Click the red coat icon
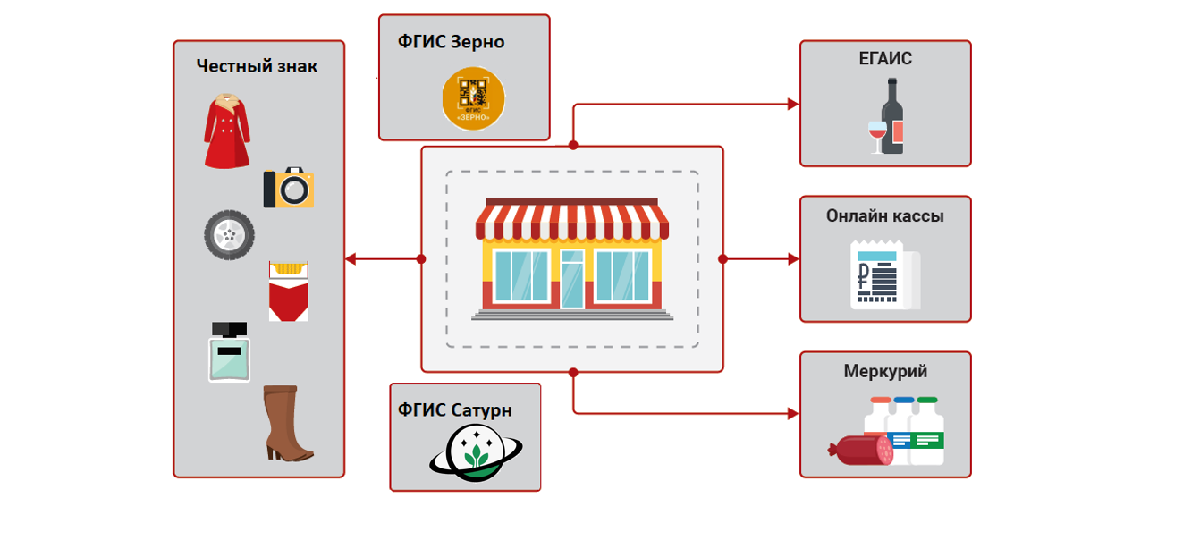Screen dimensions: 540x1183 [x=226, y=131]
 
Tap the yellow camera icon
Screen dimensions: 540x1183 [x=289, y=188]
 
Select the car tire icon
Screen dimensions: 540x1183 [x=229, y=235]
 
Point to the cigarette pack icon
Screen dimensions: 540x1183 [x=289, y=291]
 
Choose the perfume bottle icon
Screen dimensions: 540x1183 [x=230, y=351]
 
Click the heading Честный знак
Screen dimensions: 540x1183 [x=257, y=66]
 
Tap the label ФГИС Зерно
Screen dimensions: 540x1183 [x=452, y=42]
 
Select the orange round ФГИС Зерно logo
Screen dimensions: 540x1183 [x=473, y=98]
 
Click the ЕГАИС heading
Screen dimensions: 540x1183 [x=885, y=60]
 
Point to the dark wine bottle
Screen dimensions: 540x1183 [x=893, y=116]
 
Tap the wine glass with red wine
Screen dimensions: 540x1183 [x=876, y=136]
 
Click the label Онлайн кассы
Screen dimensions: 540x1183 [x=885, y=216]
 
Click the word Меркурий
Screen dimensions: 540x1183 [x=885, y=371]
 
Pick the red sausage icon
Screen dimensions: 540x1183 [x=860, y=450]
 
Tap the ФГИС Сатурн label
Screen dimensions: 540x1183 [x=455, y=410]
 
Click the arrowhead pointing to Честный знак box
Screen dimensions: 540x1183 [x=351, y=259]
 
